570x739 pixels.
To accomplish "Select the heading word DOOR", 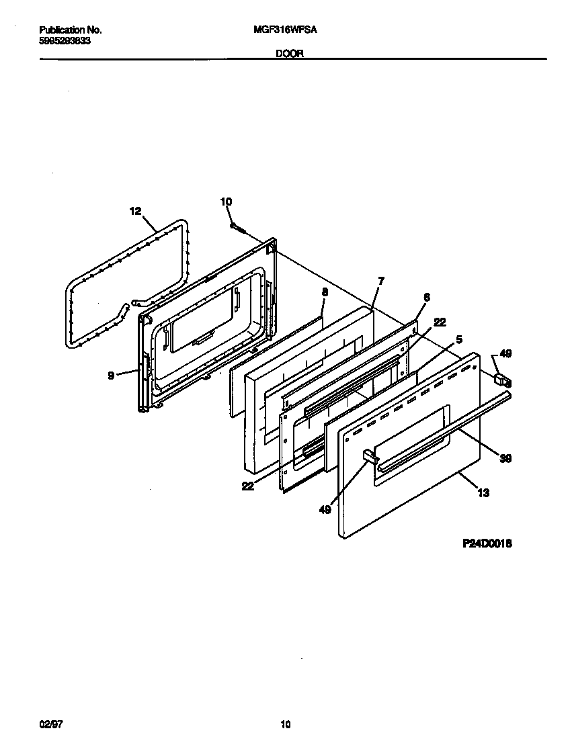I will coord(290,55).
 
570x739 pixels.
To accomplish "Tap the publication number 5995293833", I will coord(65,40).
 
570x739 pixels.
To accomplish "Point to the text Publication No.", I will coord(70,30).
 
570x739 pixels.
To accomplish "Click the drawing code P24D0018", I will coord(487,544).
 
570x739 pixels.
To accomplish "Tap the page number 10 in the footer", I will coord(285,724).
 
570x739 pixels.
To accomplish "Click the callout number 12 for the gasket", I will coord(135,211).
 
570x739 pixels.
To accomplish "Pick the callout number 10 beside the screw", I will coord(226,202).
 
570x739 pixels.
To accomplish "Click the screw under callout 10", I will coord(237,228).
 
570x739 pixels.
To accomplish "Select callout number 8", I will coord(325,292).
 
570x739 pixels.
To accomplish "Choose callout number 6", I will coord(426,296).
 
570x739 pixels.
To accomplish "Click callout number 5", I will coord(458,340).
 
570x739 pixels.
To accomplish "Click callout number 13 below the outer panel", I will coord(483,492).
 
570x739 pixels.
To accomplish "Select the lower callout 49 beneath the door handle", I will coord(325,510).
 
